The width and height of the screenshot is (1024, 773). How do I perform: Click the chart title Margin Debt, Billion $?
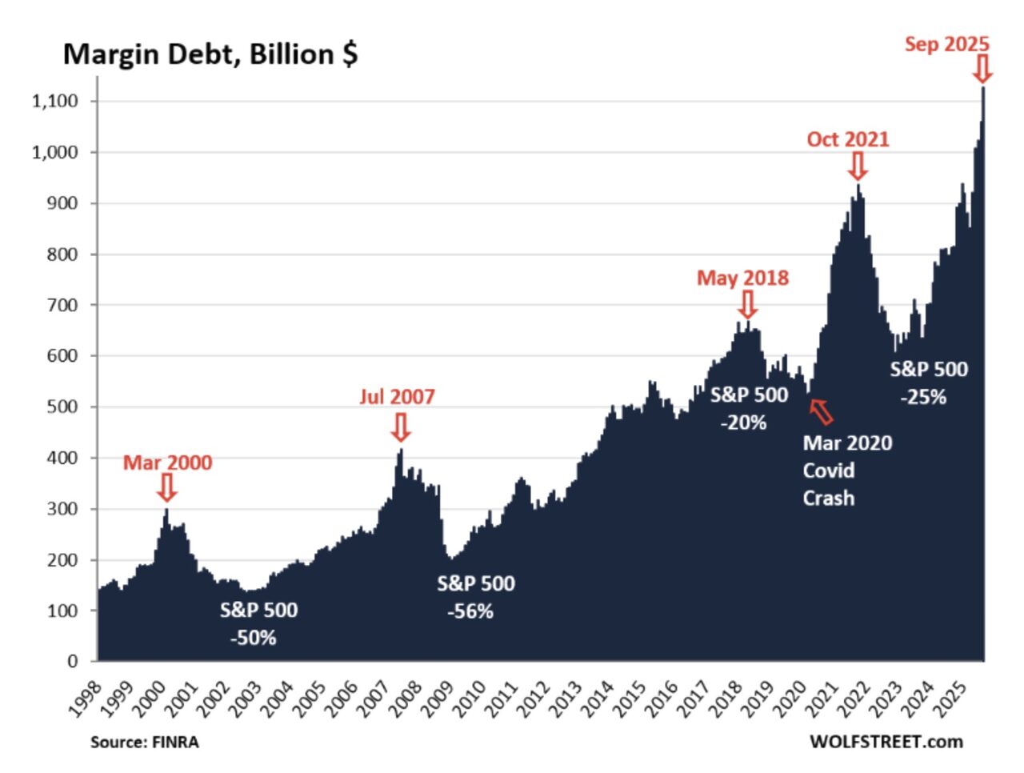tap(210, 54)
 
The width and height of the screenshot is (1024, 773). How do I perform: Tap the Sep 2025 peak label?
tap(946, 44)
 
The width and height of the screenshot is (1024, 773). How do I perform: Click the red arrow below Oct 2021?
tap(858, 166)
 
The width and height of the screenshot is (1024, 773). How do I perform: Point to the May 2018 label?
tap(742, 278)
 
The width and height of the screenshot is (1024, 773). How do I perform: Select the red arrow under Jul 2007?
tap(401, 427)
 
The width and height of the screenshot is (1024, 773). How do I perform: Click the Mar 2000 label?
tap(167, 463)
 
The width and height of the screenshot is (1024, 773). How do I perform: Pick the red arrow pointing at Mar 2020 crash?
tap(821, 411)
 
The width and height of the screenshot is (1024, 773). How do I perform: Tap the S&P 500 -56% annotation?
tap(475, 597)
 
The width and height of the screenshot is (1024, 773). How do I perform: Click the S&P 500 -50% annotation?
tap(258, 623)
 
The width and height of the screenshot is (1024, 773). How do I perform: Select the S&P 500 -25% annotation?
tap(928, 382)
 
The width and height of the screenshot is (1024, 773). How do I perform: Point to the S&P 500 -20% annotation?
tap(748, 408)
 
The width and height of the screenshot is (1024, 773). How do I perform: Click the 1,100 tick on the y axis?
tap(54, 101)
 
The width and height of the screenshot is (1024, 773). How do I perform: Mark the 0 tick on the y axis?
tap(73, 661)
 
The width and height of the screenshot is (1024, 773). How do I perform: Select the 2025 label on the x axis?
tap(950, 698)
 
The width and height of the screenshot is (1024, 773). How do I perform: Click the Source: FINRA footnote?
tap(144, 742)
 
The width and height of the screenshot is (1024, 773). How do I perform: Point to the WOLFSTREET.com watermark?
tap(886, 742)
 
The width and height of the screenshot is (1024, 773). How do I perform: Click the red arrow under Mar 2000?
tap(166, 487)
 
